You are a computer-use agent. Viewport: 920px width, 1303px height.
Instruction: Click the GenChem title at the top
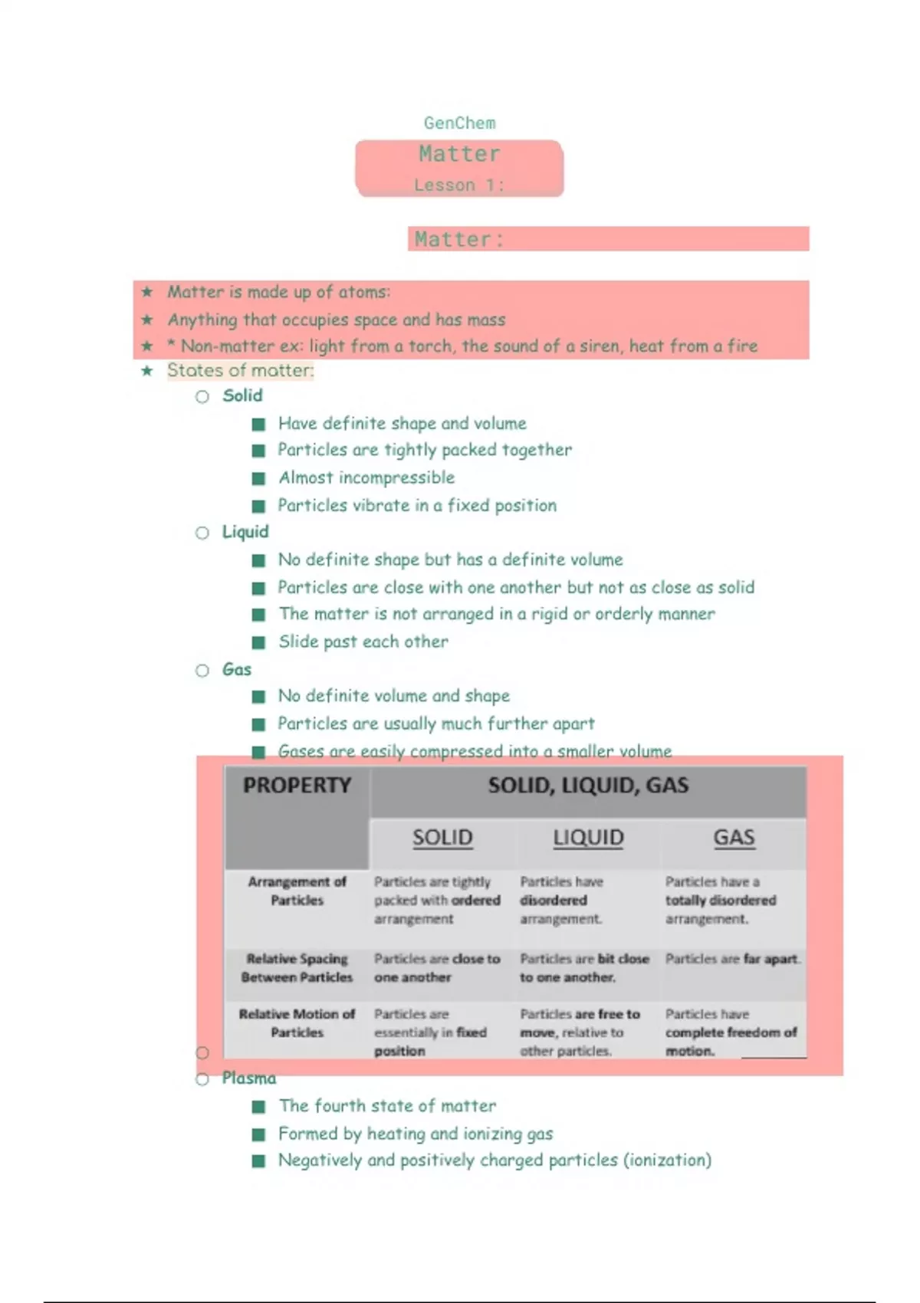point(459,123)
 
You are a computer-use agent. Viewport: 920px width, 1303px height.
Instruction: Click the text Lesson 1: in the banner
point(458,185)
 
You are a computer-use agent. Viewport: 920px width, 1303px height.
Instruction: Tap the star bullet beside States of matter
point(147,371)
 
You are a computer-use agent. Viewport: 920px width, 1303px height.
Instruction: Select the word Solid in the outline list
point(242,395)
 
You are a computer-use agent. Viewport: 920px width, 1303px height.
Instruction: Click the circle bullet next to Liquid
point(202,533)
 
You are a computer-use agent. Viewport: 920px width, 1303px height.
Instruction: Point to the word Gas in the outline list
point(236,669)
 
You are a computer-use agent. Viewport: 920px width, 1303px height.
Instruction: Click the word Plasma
point(249,1078)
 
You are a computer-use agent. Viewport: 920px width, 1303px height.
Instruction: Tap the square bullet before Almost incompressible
point(259,478)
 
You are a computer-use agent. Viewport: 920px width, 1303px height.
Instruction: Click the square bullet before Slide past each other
point(259,642)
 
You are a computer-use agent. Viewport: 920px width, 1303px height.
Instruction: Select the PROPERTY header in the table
point(297,786)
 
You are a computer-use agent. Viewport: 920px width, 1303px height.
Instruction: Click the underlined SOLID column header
point(442,838)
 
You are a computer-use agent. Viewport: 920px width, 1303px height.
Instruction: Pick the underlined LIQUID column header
point(588,838)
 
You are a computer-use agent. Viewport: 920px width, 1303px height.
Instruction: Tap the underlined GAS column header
point(734,838)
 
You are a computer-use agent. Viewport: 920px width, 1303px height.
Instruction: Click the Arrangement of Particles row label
point(297,891)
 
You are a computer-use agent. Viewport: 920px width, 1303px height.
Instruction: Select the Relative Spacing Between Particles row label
point(297,968)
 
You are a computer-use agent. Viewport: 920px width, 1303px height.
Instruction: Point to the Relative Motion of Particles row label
point(297,1023)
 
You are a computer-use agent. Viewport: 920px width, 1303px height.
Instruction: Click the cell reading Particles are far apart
point(732,959)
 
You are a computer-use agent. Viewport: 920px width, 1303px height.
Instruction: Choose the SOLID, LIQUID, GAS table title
point(588,786)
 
